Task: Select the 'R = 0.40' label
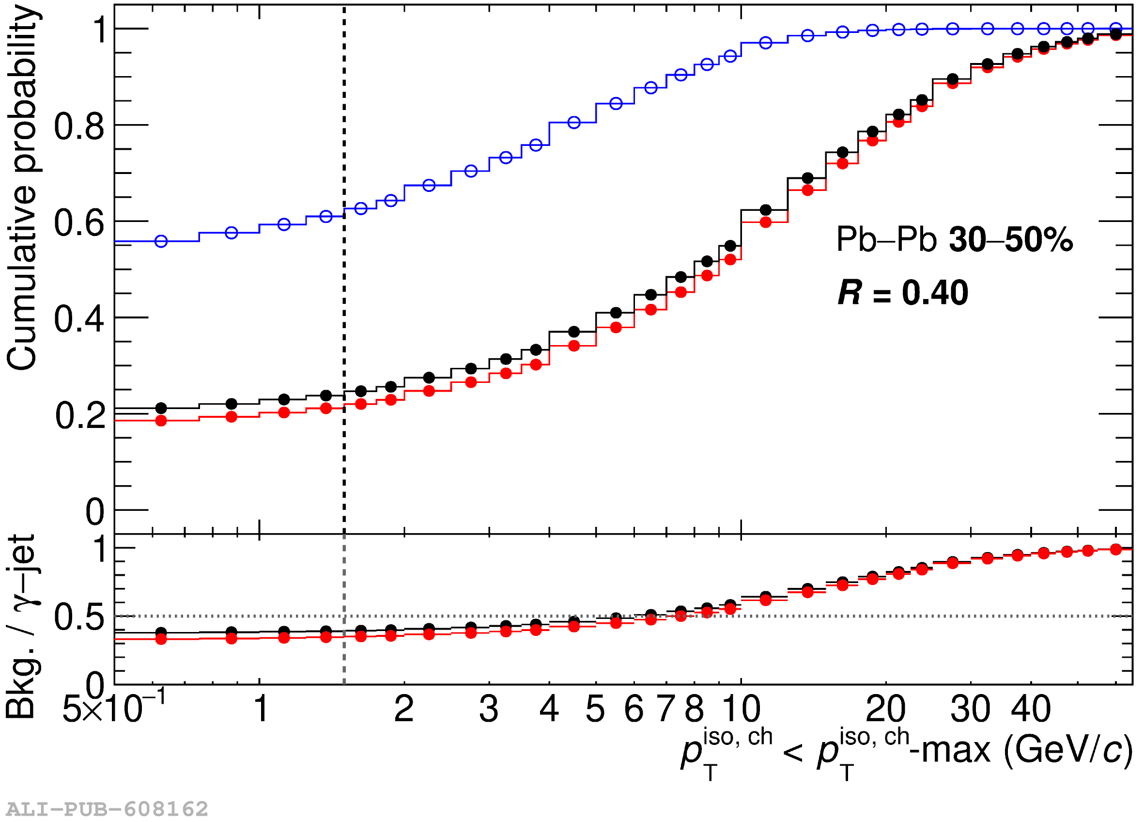click(902, 293)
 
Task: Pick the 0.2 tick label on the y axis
click(80, 416)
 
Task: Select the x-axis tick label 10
click(741, 709)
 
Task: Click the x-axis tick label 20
click(886, 709)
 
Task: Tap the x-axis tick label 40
click(1031, 709)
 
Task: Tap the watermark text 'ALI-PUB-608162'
click(107, 809)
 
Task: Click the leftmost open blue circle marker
click(161, 241)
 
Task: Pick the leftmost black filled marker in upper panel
click(161, 408)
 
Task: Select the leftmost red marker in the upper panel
click(161, 421)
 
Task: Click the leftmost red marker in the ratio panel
click(161, 639)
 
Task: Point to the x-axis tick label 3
click(489, 709)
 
